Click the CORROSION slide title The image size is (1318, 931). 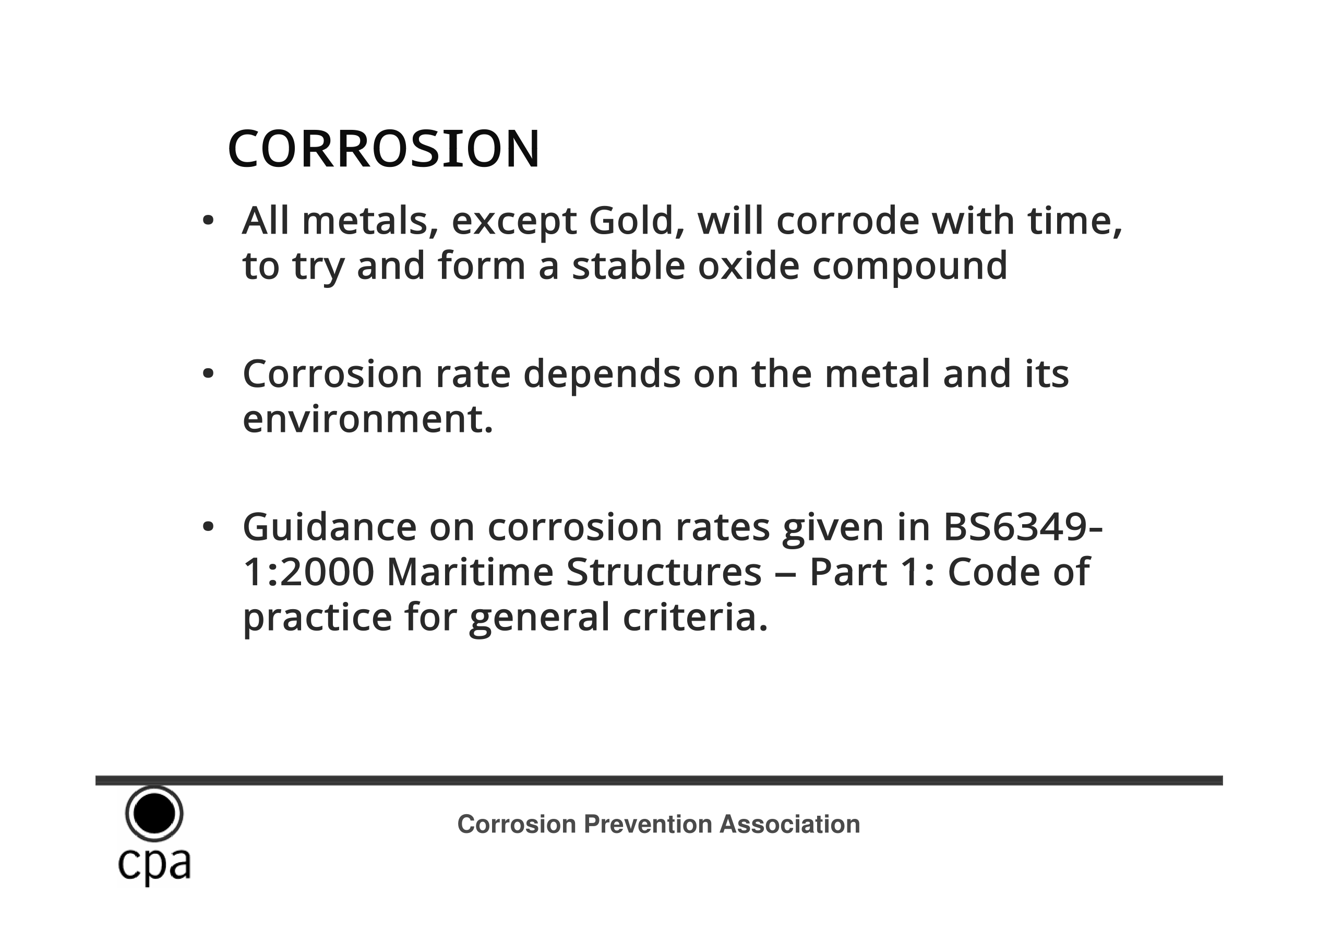click(x=384, y=149)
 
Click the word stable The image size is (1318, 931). click(x=629, y=266)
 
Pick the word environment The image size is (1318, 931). click(x=368, y=419)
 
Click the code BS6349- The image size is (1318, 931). click(x=1023, y=527)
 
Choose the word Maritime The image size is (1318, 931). click(x=470, y=572)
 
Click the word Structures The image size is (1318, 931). click(x=664, y=572)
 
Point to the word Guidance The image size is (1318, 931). click(x=330, y=527)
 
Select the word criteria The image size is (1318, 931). click(x=695, y=617)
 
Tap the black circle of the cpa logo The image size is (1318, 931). click(x=154, y=813)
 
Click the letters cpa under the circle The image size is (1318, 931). click(x=154, y=866)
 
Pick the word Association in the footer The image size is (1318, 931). click(x=789, y=824)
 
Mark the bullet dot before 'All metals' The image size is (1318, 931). click(x=208, y=221)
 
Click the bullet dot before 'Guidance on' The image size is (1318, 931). click(x=208, y=526)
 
